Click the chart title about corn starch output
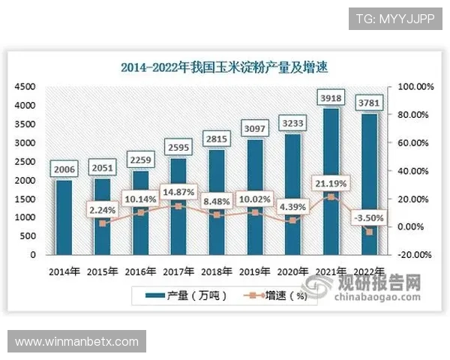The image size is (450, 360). (x=225, y=67)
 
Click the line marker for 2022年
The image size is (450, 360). (x=368, y=232)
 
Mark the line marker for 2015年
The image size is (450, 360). (x=102, y=223)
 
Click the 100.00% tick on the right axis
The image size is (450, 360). (x=415, y=87)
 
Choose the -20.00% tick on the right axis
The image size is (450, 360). (x=415, y=255)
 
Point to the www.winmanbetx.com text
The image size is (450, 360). (x=77, y=342)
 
